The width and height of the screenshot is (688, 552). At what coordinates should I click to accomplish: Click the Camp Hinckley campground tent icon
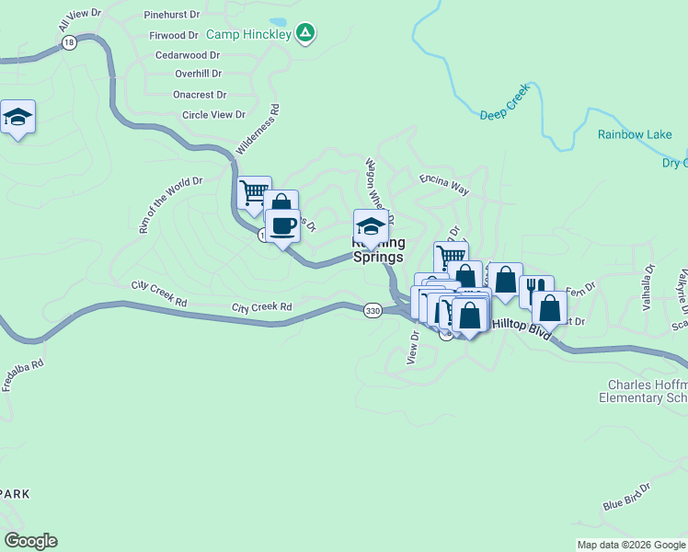point(306,34)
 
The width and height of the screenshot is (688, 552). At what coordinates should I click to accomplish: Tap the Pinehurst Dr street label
point(172,16)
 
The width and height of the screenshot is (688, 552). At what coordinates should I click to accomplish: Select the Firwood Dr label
point(174,36)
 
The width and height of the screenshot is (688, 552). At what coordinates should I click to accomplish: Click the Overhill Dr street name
point(199,74)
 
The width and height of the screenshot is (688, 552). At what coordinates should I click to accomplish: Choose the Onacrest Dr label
point(200,95)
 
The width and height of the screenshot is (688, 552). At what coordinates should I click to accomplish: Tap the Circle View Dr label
point(213,115)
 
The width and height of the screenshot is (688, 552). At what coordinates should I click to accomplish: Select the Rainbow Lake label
point(635,134)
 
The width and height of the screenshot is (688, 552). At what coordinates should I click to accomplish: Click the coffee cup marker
point(282,225)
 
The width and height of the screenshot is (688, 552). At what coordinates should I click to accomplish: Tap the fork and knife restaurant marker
point(536,291)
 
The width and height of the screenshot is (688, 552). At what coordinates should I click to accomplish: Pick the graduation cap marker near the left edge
point(17,117)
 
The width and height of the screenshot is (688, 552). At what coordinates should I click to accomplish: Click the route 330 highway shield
point(372,311)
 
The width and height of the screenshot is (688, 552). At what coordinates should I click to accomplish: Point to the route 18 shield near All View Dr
point(67,42)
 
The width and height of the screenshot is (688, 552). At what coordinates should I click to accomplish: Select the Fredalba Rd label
point(23,375)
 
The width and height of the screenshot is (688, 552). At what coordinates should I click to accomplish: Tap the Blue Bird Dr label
point(626,497)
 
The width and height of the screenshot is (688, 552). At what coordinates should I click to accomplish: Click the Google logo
point(30,541)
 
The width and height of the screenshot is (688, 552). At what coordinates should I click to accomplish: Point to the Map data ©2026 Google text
point(632,545)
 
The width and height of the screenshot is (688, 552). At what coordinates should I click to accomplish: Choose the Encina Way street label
point(444,185)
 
